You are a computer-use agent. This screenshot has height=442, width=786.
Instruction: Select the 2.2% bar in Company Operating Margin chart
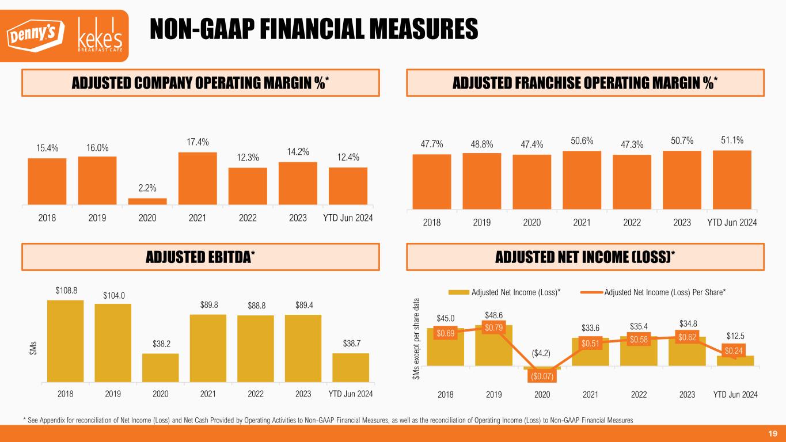147,201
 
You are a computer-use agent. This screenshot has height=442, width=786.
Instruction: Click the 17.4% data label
198,142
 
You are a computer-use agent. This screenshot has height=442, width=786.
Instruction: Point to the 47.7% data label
431,144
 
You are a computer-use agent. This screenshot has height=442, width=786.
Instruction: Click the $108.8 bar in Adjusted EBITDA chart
66,341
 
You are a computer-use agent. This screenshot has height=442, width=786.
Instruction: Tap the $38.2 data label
161,344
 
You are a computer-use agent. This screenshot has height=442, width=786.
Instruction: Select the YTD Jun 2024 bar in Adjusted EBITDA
351,367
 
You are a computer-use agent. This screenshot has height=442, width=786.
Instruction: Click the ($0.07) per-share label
542,376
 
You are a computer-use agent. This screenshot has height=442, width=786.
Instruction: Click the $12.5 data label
735,336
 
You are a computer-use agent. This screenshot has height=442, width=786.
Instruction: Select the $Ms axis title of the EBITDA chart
33,347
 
